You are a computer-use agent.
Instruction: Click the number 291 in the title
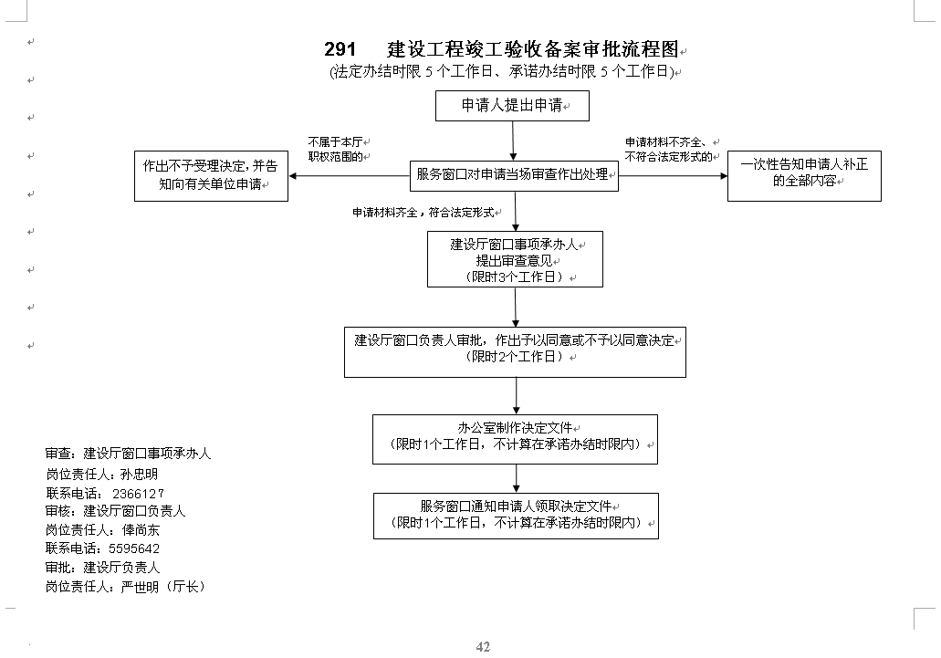click(x=340, y=48)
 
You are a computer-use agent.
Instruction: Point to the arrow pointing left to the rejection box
click(x=350, y=176)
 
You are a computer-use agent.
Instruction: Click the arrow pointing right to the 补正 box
click(x=673, y=176)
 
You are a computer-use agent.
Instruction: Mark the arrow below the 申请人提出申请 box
click(x=513, y=141)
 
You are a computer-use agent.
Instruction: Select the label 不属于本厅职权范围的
click(x=336, y=150)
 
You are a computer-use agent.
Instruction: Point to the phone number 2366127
click(x=138, y=494)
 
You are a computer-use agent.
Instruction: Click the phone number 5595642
click(x=134, y=548)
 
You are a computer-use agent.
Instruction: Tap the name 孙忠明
click(x=139, y=475)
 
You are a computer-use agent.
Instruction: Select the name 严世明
click(x=140, y=587)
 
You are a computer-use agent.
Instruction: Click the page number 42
click(x=483, y=647)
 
